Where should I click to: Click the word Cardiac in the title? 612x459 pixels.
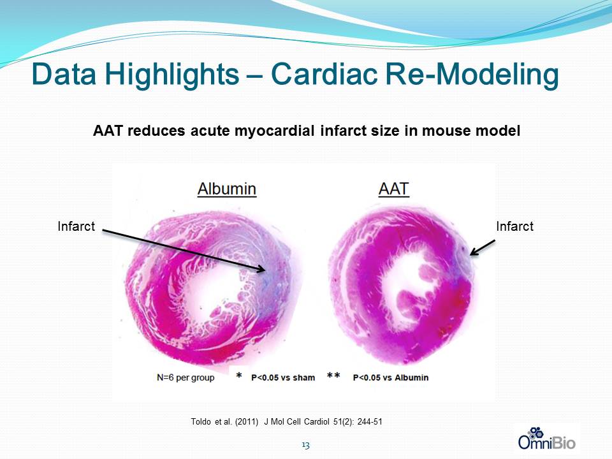pyautogui.click(x=324, y=74)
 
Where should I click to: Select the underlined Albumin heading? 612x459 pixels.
pyautogui.click(x=227, y=189)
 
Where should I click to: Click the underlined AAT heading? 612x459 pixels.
pyautogui.click(x=394, y=189)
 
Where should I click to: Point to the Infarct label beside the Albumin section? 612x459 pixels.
pyautogui.click(x=76, y=226)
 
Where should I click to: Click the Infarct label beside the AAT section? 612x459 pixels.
pyautogui.click(x=515, y=226)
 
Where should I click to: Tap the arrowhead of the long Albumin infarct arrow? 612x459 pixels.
pyautogui.click(x=262, y=269)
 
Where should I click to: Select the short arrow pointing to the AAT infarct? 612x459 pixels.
pyautogui.click(x=483, y=248)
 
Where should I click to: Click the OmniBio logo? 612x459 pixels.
pyautogui.click(x=546, y=439)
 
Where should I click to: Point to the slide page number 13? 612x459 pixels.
pyautogui.click(x=305, y=446)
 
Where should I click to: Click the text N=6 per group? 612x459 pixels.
pyautogui.click(x=186, y=378)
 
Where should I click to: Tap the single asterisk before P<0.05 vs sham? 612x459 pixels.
pyautogui.click(x=239, y=375)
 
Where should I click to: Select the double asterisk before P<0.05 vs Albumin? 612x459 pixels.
pyautogui.click(x=333, y=375)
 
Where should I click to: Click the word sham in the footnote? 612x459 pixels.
pyautogui.click(x=303, y=378)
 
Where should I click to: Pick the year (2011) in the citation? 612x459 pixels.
pyautogui.click(x=247, y=422)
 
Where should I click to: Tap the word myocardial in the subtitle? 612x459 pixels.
pyautogui.click(x=274, y=131)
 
